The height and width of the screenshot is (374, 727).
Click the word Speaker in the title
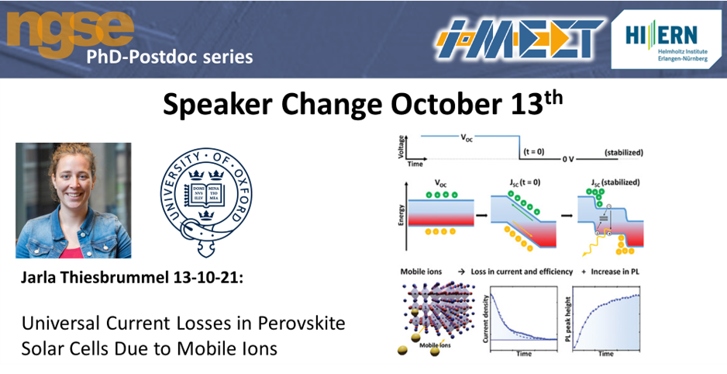pos(218,106)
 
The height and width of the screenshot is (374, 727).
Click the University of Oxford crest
pos(206,203)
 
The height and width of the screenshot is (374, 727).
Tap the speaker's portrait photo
pos(74,200)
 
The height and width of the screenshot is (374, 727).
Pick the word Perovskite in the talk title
pos(301,324)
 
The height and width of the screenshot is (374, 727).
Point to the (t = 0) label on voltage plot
pos(534,152)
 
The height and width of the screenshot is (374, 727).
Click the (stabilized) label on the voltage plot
pos(624,152)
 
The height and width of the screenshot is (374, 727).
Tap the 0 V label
pos(568,159)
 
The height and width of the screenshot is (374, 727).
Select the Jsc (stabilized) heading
pos(615,182)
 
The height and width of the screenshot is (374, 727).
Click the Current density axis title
pos(486,319)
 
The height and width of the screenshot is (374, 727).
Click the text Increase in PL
pos(615,272)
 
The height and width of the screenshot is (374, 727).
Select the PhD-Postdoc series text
pos(170,57)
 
